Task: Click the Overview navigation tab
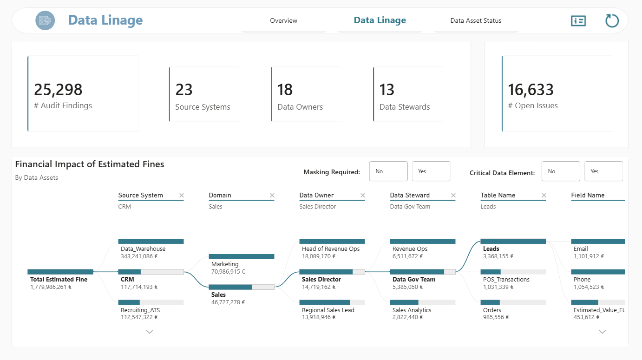click(283, 20)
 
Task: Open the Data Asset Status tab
click(476, 20)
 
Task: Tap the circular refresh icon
click(612, 20)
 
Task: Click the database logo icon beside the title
click(45, 20)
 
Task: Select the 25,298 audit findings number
click(58, 90)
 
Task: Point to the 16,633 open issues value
click(531, 90)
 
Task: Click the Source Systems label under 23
click(203, 107)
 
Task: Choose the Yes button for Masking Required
click(431, 171)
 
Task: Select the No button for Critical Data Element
click(561, 171)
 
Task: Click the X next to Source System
click(182, 196)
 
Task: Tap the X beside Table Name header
click(544, 196)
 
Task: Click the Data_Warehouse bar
click(151, 242)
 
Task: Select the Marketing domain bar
click(241, 256)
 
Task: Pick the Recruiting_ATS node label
click(140, 310)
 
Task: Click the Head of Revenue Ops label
click(331, 249)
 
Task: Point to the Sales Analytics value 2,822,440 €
click(407, 317)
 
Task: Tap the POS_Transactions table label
click(506, 280)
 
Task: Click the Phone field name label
click(582, 280)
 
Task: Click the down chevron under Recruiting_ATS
click(149, 332)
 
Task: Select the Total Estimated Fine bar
click(60, 272)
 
